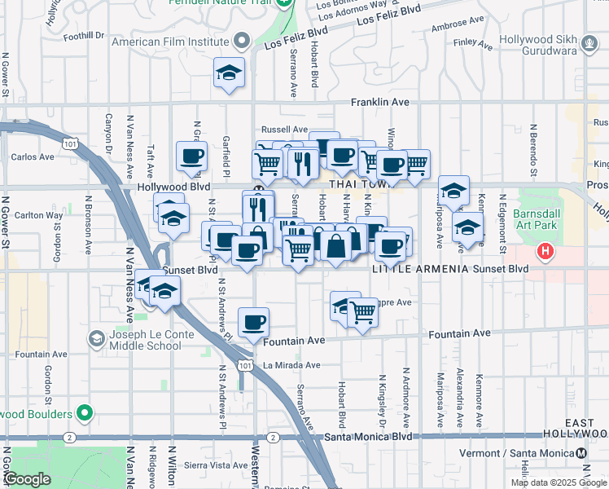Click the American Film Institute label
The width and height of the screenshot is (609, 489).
[171, 42]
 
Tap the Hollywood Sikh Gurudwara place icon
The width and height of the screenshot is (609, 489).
[590, 42]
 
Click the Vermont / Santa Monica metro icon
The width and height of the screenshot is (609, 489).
[581, 453]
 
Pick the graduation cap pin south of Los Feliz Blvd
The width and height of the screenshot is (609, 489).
[230, 73]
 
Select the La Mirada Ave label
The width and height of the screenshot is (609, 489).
[291, 365]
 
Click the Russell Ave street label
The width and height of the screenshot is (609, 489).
[284, 129]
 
